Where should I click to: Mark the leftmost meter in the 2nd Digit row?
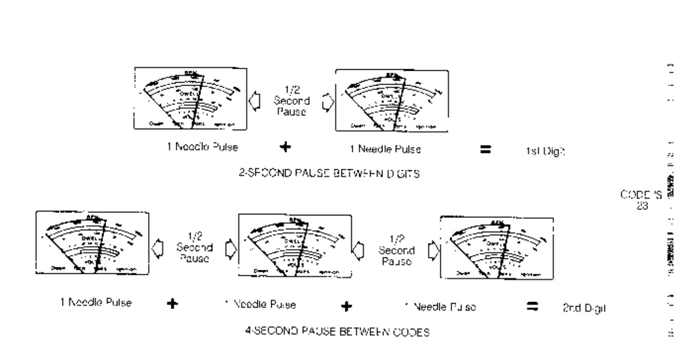pyautogui.click(x=92, y=244)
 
